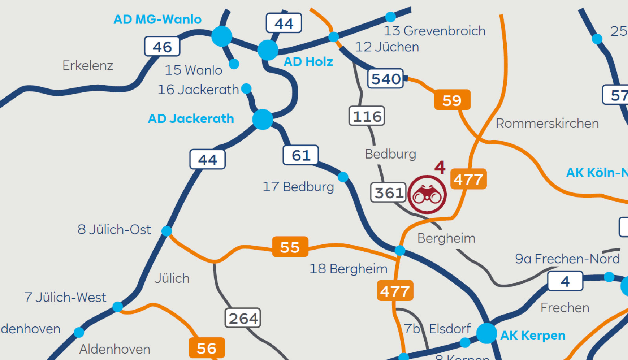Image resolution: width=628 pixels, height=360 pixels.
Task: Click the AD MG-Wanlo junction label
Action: click(x=157, y=19)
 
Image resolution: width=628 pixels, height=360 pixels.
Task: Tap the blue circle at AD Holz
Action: click(x=268, y=50)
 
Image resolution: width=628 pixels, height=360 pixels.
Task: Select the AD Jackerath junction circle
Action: click(x=263, y=119)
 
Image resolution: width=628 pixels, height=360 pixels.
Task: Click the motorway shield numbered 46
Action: click(x=162, y=47)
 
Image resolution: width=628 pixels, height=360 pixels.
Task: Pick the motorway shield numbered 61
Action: click(x=301, y=155)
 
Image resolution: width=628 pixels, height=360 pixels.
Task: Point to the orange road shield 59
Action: click(x=452, y=101)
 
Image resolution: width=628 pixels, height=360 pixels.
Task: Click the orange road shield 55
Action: click(x=290, y=247)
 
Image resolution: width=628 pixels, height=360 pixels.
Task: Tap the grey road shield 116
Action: click(x=367, y=116)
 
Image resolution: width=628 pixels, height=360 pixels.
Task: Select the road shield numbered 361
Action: click(x=389, y=193)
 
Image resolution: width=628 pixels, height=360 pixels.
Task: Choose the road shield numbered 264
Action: click(x=243, y=318)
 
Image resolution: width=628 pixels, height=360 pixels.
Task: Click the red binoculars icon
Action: click(x=427, y=195)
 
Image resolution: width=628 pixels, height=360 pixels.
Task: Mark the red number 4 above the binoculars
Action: click(x=440, y=167)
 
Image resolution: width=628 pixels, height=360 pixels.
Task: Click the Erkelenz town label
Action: click(x=88, y=65)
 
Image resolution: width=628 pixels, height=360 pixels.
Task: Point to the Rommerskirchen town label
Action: click(x=547, y=123)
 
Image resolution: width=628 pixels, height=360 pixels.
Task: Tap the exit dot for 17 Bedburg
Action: click(x=343, y=177)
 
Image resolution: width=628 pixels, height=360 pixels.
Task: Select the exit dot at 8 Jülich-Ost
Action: click(x=167, y=231)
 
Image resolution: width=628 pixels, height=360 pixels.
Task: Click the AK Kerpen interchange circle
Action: click(x=487, y=333)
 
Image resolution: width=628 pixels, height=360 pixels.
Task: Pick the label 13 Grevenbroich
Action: click(x=434, y=31)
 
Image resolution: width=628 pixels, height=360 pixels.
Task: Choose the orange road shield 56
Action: click(x=207, y=348)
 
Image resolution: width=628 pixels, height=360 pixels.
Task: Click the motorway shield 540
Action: click(x=386, y=79)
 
